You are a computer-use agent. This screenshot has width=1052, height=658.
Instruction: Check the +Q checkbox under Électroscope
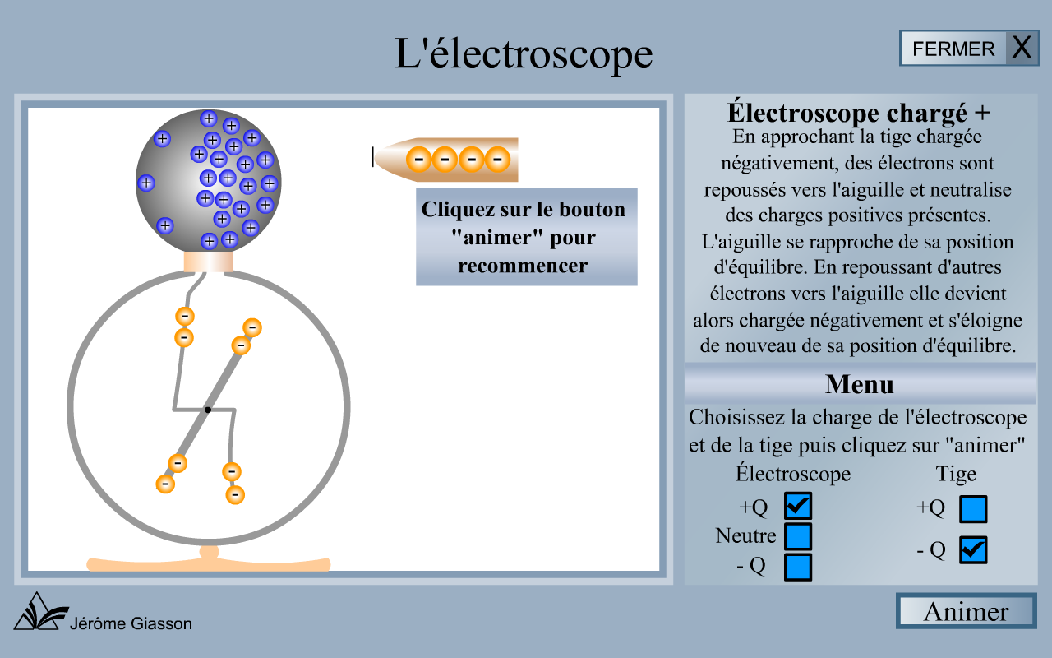[798, 506]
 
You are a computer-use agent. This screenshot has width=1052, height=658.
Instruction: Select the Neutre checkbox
[798, 536]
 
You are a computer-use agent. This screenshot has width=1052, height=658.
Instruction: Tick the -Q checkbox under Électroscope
[798, 567]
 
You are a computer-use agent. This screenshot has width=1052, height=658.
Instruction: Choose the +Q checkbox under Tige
[973, 509]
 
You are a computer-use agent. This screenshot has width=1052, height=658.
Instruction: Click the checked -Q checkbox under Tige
[973, 550]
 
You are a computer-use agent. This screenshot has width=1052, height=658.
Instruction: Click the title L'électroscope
[524, 54]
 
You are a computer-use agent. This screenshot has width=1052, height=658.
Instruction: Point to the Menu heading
[859, 384]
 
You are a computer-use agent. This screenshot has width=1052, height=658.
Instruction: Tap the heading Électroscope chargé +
[859, 112]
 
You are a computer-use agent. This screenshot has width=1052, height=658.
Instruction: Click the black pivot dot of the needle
[208, 410]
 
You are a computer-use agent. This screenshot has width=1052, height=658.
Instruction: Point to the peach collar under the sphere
[208, 261]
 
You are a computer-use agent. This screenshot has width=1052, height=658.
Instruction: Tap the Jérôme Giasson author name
[132, 623]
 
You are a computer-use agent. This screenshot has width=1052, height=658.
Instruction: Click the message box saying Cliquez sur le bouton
[526, 237]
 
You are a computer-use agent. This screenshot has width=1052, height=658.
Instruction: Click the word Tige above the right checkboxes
[956, 475]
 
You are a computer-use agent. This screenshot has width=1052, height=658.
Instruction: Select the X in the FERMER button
[1022, 48]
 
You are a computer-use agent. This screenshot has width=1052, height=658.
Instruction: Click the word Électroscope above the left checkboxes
[793, 475]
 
